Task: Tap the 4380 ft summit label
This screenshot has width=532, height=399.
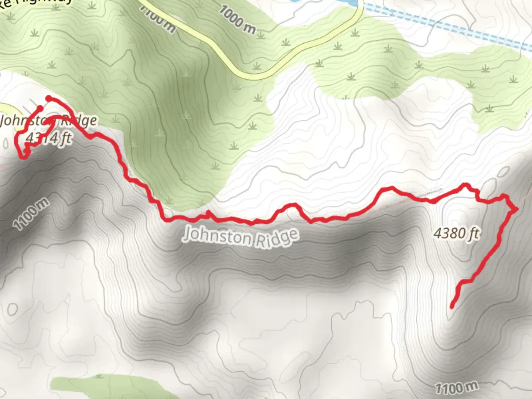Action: coord(457,233)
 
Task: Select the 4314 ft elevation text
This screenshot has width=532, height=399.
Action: coord(48,138)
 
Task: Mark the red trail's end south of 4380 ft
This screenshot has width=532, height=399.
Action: coord(452,306)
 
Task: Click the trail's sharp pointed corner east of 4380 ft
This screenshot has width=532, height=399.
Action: coord(516,209)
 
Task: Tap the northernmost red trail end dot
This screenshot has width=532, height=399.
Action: coord(48,98)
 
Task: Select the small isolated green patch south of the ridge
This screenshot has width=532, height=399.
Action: coord(111,386)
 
